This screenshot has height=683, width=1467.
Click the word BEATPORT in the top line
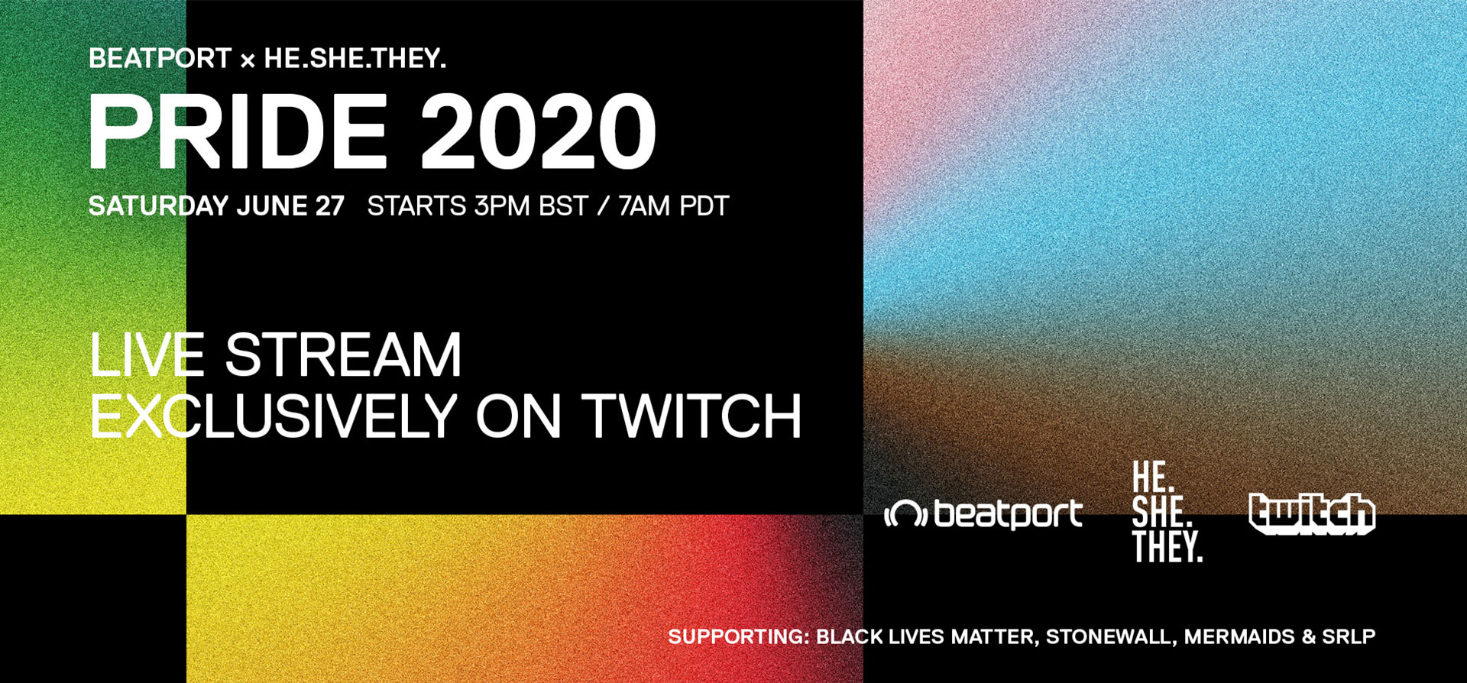click(160, 59)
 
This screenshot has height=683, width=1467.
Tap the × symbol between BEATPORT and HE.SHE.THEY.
click(248, 60)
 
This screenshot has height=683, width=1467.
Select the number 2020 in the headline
click(538, 132)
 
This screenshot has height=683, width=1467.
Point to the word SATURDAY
click(158, 206)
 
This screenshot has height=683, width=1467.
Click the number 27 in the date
click(329, 206)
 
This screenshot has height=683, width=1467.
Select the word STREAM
click(343, 354)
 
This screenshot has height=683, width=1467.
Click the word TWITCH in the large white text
click(692, 416)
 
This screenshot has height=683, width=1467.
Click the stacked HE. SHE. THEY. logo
click(1167, 512)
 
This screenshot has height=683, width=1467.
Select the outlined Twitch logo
click(1312, 513)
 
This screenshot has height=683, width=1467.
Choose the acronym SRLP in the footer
click(1349, 637)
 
